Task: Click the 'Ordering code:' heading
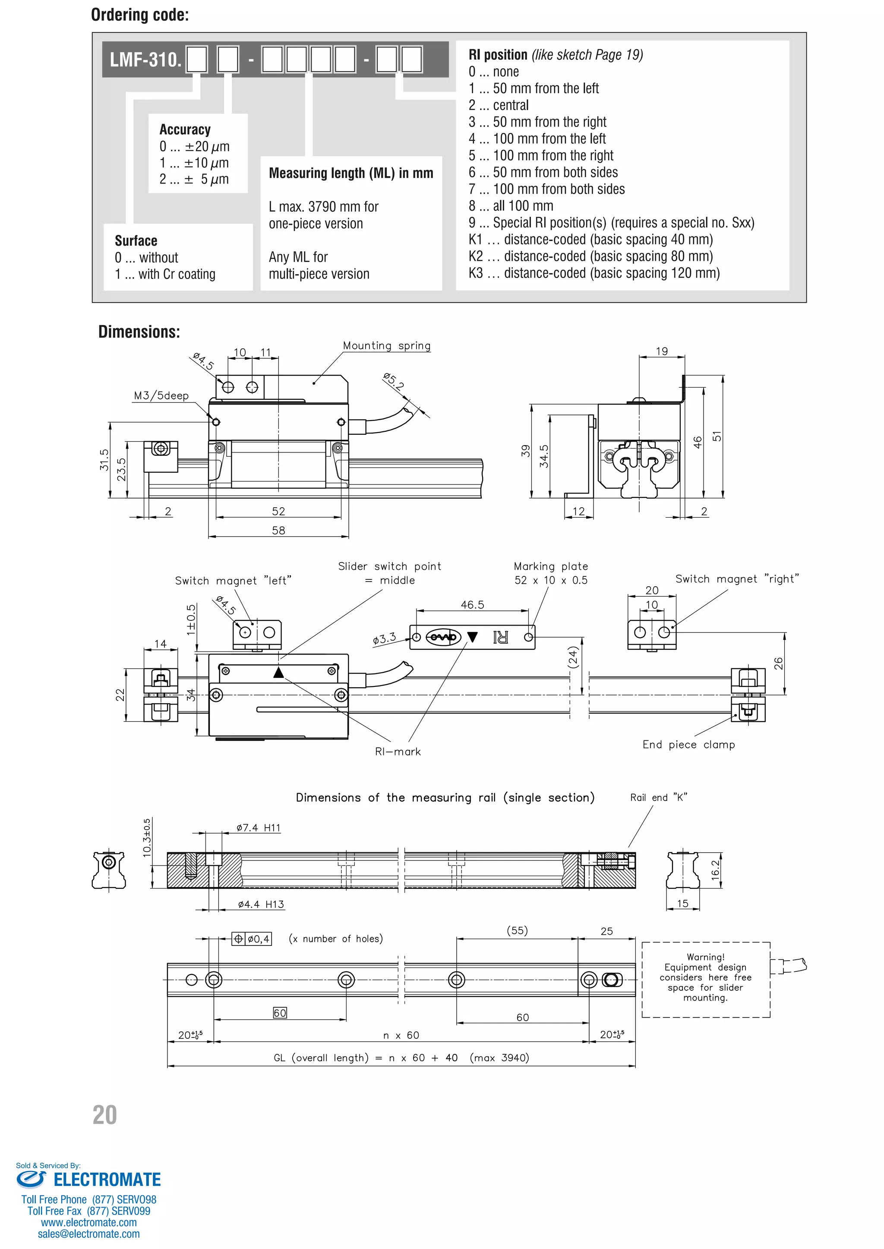point(140,15)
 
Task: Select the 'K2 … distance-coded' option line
point(590,256)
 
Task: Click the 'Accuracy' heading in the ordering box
point(185,130)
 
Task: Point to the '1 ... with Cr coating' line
point(165,275)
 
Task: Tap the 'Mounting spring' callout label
point(386,346)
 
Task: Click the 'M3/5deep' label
point(161,396)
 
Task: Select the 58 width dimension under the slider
point(278,530)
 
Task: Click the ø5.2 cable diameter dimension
point(393,382)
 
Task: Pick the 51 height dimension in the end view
point(717,436)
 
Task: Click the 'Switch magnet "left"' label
point(233,581)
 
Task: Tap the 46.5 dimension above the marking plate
point(472,605)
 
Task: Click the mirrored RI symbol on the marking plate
point(500,637)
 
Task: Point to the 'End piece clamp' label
point(688,745)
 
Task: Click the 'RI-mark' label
point(398,752)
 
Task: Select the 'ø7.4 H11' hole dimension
point(258,828)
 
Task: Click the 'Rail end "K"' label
point(658,798)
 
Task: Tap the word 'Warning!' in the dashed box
point(705,957)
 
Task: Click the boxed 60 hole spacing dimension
point(280,1013)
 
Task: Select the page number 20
point(104,1115)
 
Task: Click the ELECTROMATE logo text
point(107,1180)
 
